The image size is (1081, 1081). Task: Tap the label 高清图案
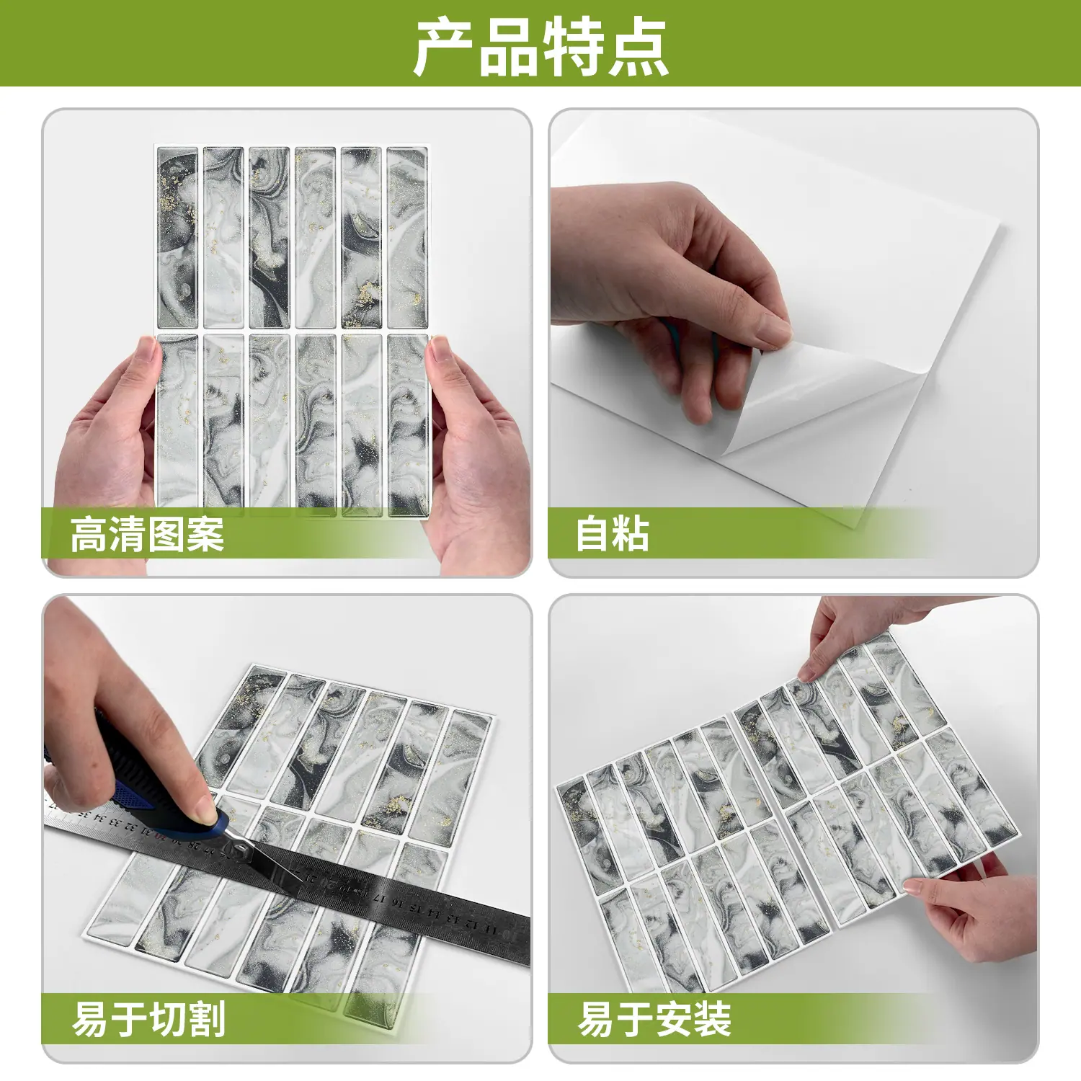pos(148,534)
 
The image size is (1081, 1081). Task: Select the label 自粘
pos(612,534)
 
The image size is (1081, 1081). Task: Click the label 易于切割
pos(149,1019)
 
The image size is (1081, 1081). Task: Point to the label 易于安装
pos(654,1019)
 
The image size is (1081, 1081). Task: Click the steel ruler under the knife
pos(288,876)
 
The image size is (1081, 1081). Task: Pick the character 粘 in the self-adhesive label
pos(631,534)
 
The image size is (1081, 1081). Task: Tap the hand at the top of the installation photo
pos(858,634)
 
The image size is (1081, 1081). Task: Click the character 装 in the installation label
pos(713,1019)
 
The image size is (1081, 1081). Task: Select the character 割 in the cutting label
pos(207,1019)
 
